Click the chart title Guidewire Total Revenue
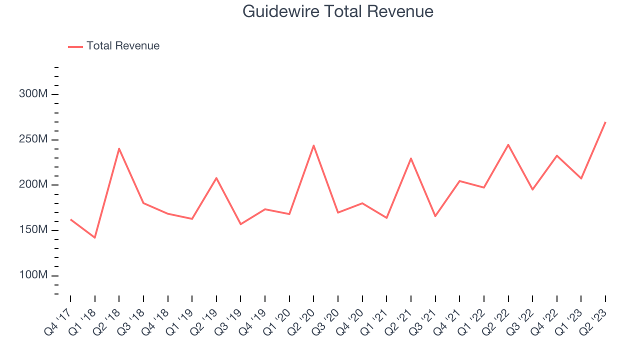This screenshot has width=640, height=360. coord(338,11)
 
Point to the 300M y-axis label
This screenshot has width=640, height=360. coord(33,94)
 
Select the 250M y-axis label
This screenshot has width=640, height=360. coord(33,139)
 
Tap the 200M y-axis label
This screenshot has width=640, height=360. coord(33,184)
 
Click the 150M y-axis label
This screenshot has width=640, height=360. coord(33,230)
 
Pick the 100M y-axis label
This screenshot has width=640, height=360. coord(33,275)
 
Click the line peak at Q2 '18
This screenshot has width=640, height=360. coord(119,148)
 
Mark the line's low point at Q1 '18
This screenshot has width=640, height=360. coord(94,237)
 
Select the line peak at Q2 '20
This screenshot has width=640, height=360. coord(313,145)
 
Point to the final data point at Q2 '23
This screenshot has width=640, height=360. coord(605,122)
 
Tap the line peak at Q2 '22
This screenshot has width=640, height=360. coord(508,145)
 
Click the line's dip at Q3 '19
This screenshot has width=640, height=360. coord(240,224)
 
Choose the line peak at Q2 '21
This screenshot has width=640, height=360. coord(410,158)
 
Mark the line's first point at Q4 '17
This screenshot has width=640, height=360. coord(70,219)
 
